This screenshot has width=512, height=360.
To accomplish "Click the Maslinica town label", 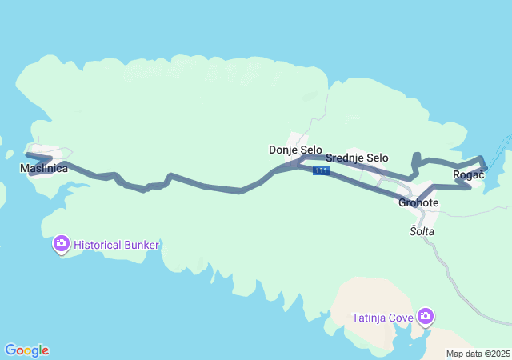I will (43, 169).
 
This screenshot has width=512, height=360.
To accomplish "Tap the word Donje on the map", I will (283, 150).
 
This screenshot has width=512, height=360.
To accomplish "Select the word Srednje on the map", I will (345, 158).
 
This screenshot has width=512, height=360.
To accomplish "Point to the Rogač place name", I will (468, 174).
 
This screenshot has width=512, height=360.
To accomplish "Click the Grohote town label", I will (418, 202).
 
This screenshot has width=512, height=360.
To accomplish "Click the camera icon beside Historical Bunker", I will (62, 243).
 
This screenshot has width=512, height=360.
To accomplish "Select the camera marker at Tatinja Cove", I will (426, 317).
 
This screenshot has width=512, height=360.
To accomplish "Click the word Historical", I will (98, 244).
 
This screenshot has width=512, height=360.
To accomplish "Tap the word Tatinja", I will (370, 318).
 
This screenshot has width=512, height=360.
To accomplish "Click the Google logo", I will (26, 350).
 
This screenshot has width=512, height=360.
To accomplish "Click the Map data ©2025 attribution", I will (478, 354).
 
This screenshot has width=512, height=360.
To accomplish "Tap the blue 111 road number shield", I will (322, 171).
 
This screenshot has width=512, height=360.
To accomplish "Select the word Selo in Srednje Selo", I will (378, 158).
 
